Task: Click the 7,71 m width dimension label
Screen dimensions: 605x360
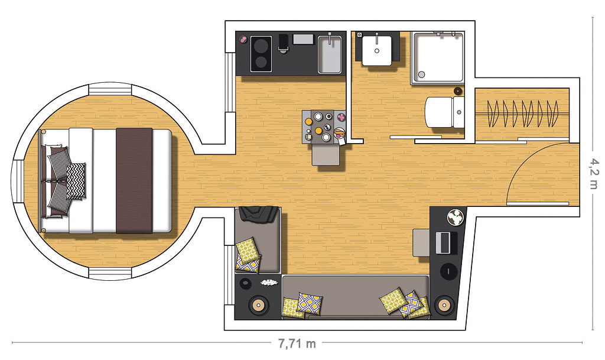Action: (x=297, y=343)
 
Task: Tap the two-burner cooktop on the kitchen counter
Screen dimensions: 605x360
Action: (x=261, y=54)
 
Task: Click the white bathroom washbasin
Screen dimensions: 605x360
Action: (x=377, y=50)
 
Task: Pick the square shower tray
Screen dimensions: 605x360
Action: (x=438, y=57)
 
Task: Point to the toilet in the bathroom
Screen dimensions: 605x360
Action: (x=444, y=112)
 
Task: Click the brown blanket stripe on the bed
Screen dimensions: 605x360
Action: (x=134, y=180)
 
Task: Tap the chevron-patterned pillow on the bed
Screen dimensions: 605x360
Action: (x=76, y=181)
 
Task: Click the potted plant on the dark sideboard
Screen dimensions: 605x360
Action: (x=455, y=216)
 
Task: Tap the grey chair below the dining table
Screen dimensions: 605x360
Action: (x=326, y=154)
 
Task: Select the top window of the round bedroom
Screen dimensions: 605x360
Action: (x=110, y=89)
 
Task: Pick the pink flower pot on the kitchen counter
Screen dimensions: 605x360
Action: (x=243, y=39)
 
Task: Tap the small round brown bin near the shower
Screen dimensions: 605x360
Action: (x=458, y=91)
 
